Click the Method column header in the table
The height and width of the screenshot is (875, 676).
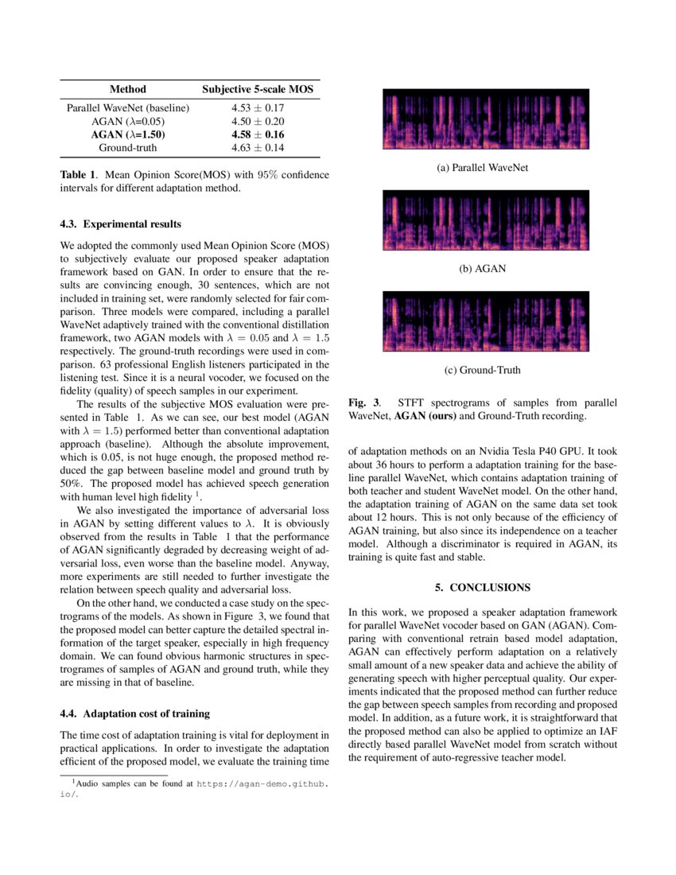click(127, 90)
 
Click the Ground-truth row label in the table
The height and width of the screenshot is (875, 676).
click(127, 148)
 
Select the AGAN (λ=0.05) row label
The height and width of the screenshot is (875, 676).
click(127, 121)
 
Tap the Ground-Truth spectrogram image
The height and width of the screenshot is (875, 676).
click(486, 321)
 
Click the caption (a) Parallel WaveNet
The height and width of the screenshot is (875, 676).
click(483, 168)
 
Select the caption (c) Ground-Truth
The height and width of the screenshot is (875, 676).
click(483, 370)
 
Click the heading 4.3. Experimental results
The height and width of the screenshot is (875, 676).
click(121, 224)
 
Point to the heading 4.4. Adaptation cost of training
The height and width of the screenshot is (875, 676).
click(135, 713)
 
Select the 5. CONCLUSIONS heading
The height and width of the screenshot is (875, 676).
click(483, 587)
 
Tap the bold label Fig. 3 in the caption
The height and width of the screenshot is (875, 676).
click(363, 403)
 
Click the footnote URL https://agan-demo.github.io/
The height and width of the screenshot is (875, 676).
click(262, 784)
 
